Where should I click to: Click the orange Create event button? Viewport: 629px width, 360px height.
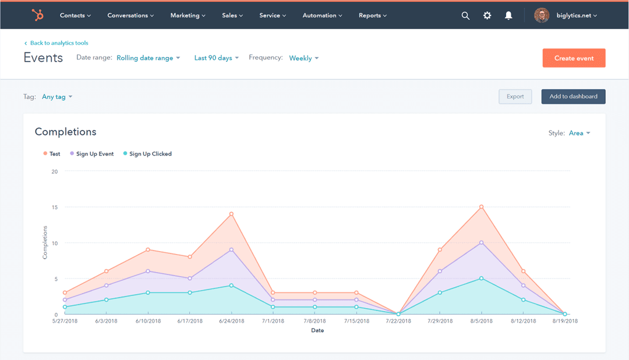tap(574, 58)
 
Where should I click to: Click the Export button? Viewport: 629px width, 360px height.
tap(515, 97)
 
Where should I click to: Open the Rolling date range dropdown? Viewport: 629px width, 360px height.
tap(148, 58)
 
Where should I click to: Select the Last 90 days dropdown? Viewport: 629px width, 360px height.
tap(216, 58)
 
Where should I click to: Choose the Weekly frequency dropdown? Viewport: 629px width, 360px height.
tap(303, 58)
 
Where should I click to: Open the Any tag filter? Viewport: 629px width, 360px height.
tap(56, 97)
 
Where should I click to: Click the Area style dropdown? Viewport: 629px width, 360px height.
tap(579, 133)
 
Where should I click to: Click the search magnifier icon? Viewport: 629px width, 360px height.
tap(465, 16)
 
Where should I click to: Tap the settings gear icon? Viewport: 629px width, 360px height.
tap(487, 16)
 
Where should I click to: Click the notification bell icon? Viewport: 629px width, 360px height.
tap(508, 16)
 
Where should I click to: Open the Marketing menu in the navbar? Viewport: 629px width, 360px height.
tap(188, 16)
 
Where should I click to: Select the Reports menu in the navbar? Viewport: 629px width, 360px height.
tap(373, 16)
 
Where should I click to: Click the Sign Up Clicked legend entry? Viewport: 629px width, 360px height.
tap(150, 154)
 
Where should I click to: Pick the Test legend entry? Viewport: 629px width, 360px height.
tap(54, 154)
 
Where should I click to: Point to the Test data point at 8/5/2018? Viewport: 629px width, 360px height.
tap(481, 207)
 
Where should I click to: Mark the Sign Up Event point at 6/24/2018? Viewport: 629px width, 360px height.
tap(231, 250)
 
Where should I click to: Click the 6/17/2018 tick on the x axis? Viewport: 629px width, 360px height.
tap(190, 321)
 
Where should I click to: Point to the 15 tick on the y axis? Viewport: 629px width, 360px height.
tap(55, 207)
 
